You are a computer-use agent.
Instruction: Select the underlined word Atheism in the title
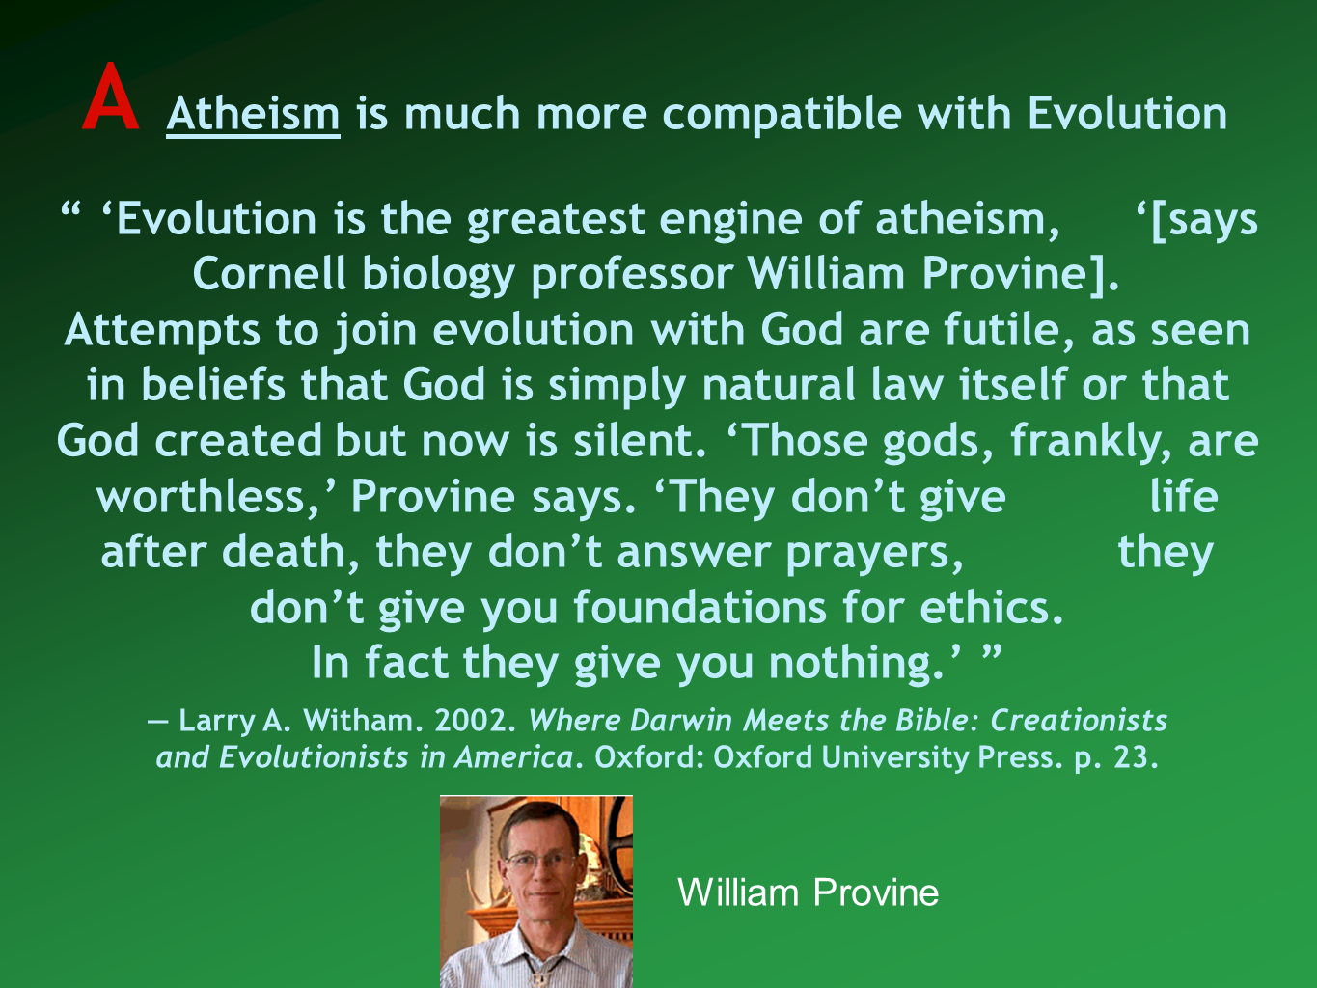253,114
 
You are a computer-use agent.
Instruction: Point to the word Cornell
269,274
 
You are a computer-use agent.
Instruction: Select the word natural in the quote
779,385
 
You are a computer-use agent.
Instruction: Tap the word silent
641,442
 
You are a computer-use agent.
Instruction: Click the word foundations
700,608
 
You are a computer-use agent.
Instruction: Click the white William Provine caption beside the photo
809,892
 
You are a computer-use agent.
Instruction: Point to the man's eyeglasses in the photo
538,864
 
